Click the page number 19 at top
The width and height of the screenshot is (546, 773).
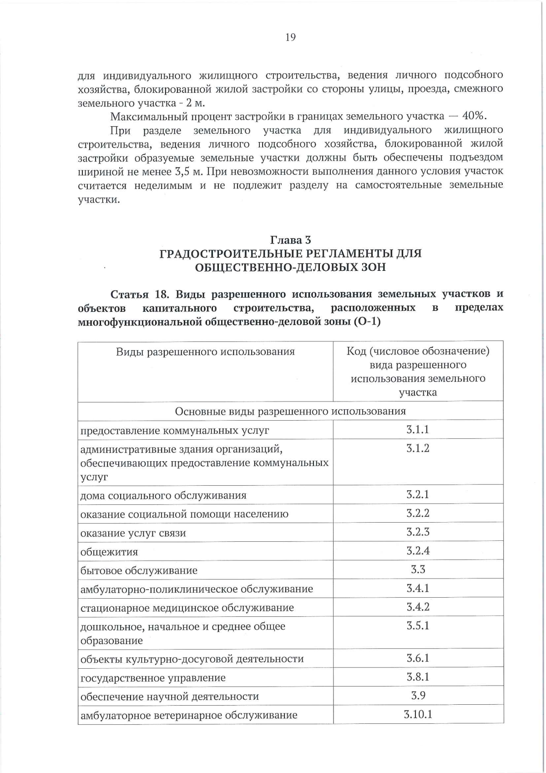(290, 37)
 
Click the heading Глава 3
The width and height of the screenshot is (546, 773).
(290, 239)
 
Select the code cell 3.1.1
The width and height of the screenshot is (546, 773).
(418, 429)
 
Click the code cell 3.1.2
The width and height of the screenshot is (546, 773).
(418, 448)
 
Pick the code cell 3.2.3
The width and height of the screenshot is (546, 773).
(418, 532)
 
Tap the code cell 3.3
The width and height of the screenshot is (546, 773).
(418, 570)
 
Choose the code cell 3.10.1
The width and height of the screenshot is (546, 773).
(418, 714)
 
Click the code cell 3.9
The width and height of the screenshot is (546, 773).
(418, 695)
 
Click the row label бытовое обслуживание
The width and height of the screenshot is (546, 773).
(139, 570)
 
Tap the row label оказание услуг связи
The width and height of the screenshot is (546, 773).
(133, 533)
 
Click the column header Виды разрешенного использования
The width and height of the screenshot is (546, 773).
(205, 351)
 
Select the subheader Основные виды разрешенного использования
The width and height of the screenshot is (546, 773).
(290, 411)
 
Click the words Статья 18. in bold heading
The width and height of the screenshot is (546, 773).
(140, 294)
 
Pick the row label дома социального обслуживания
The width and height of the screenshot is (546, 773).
(163, 495)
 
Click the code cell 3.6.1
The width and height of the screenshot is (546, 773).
(418, 658)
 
